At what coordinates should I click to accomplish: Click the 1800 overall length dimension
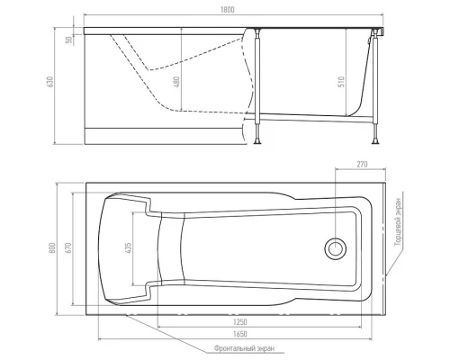click(228, 10)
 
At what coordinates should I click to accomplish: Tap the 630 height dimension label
click(50, 82)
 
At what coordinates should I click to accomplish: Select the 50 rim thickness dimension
click(69, 40)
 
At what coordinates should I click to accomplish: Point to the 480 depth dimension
click(176, 82)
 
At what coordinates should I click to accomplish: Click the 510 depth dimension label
click(341, 82)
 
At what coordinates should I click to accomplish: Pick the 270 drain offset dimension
click(362, 164)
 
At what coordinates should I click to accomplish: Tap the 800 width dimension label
click(52, 248)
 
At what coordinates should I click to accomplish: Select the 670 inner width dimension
click(68, 248)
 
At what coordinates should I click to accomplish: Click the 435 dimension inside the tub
click(128, 248)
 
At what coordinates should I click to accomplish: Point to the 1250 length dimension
click(240, 322)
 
